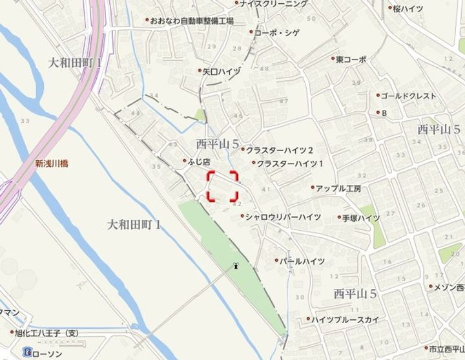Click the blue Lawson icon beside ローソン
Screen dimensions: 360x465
click(x=26, y=353)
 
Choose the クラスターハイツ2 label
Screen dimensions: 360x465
click(x=280, y=150)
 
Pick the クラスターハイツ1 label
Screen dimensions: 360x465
click(x=290, y=164)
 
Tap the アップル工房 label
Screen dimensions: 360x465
click(x=338, y=189)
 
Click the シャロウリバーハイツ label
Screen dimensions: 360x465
click(x=282, y=217)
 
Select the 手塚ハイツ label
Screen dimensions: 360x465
click(x=361, y=218)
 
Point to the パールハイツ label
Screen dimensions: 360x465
click(x=301, y=261)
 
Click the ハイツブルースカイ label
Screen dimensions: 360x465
click(x=346, y=319)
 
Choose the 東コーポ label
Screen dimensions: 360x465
click(x=351, y=59)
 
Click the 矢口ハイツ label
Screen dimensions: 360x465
click(x=221, y=71)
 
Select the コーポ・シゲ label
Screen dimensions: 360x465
click(x=276, y=32)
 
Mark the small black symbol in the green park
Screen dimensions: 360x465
click(x=237, y=265)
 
